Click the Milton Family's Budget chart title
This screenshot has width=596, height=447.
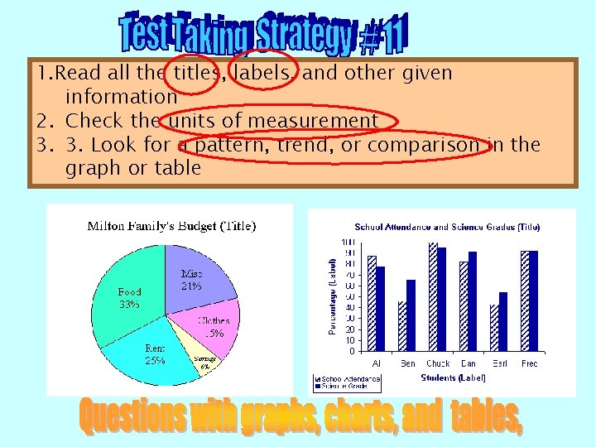coord(171,225)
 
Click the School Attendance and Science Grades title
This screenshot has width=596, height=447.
coord(447,227)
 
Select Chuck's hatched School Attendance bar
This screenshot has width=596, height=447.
coord(433,296)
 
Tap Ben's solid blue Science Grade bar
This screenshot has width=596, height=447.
coord(411,315)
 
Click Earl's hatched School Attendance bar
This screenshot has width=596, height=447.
coord(494,328)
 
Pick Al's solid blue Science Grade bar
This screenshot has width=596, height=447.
coord(381,309)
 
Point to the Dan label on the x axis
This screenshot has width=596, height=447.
coord(469,363)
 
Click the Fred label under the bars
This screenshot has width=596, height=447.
coord(529,363)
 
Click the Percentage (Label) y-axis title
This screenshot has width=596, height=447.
coord(332,295)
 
